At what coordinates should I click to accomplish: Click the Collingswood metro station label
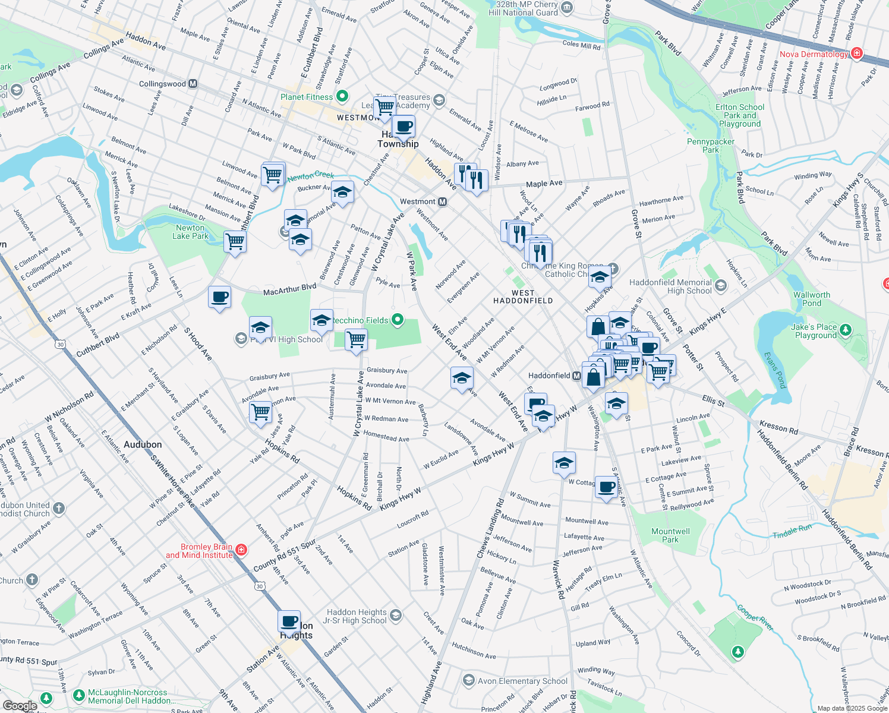click(x=162, y=84)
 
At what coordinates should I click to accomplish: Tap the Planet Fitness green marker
click(x=342, y=96)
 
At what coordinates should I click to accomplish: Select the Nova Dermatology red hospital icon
click(x=856, y=53)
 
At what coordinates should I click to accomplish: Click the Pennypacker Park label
click(x=711, y=146)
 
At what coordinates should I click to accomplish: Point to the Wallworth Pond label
click(x=811, y=299)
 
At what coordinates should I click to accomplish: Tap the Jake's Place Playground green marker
click(x=846, y=329)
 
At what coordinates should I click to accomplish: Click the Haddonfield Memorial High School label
click(x=670, y=286)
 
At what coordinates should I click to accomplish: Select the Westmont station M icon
click(x=442, y=202)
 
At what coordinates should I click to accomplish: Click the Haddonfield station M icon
click(x=576, y=376)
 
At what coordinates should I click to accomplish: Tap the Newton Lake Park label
click(x=190, y=232)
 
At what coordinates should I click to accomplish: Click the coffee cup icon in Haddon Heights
click(x=289, y=621)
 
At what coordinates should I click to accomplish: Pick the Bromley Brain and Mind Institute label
click(x=199, y=551)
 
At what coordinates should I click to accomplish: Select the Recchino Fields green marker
click(x=398, y=321)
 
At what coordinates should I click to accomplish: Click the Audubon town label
click(x=143, y=444)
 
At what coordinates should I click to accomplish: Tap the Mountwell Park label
click(x=670, y=535)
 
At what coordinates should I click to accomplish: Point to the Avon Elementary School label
click(x=522, y=681)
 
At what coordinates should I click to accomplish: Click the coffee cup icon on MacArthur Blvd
click(x=219, y=297)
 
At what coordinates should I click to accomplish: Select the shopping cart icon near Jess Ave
click(x=261, y=412)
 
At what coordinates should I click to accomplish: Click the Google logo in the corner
click(x=20, y=706)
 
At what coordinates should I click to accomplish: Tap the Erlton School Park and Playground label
click(x=740, y=115)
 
